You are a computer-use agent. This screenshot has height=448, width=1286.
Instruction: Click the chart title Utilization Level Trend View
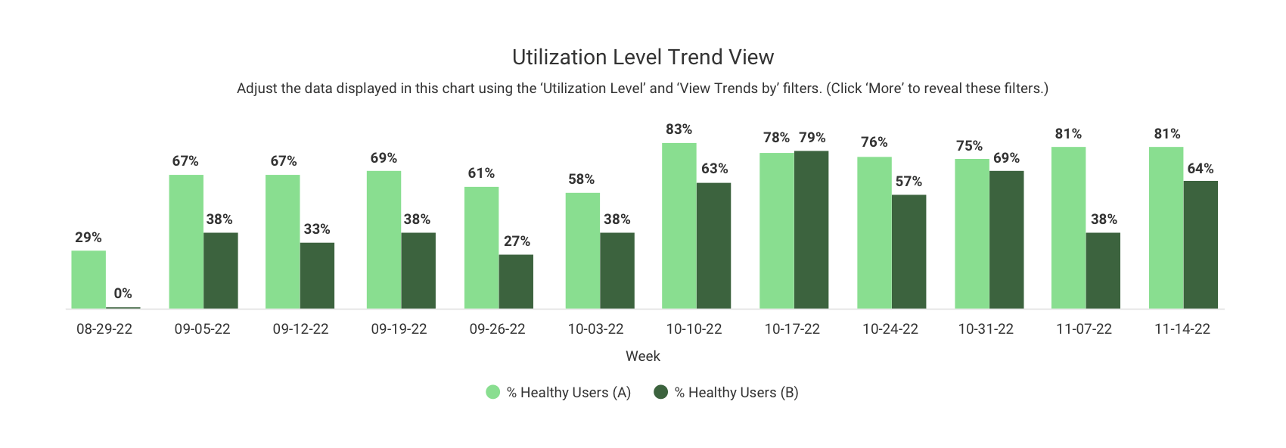point(643,58)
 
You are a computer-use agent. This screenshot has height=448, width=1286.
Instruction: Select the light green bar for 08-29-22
point(89,279)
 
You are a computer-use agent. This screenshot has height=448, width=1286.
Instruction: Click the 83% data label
point(679,129)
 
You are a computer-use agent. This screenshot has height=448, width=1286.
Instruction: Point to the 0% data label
point(123,294)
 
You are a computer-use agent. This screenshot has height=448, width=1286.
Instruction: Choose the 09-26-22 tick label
point(497,329)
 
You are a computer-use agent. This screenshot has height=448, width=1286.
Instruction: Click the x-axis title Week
point(643,356)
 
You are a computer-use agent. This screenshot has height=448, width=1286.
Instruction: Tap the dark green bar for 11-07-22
point(1103,270)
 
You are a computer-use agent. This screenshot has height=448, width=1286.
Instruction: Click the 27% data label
point(517,241)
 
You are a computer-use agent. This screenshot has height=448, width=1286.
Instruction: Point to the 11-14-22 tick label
point(1182,329)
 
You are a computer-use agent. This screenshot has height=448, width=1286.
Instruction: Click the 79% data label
point(812,138)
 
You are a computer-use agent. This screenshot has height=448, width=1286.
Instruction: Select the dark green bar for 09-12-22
point(317,275)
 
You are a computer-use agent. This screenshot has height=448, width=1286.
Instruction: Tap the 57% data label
point(909,182)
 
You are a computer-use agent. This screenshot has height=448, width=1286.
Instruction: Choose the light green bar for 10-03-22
point(582,250)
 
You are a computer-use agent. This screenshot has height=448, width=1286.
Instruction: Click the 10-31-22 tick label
point(986,329)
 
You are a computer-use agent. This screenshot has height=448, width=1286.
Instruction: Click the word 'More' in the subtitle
point(884,89)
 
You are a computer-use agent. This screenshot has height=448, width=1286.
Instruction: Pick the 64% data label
point(1200,169)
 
